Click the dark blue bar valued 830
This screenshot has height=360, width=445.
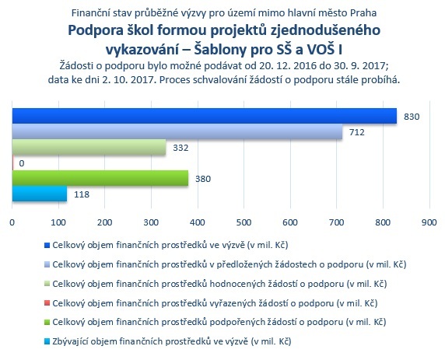pyautogui.click(x=205, y=116)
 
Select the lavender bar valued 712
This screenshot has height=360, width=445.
pyautogui.click(x=177, y=131)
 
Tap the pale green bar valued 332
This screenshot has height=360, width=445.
pyautogui.click(x=89, y=147)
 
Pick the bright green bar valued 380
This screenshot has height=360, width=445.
pyautogui.click(x=100, y=178)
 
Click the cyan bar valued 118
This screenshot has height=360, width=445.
pyautogui.click(x=40, y=194)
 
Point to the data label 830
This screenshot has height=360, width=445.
pyautogui.click(x=412, y=117)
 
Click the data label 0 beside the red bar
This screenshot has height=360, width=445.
pyautogui.click(x=22, y=163)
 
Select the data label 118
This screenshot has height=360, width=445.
pyautogui.click(x=82, y=194)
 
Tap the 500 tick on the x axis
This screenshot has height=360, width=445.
pyautogui.click(x=244, y=222)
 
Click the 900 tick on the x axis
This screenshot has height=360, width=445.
pyautogui.click(x=429, y=222)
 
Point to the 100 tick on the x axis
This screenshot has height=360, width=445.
pyautogui.click(x=58, y=222)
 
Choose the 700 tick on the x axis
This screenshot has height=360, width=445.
pyautogui.click(x=337, y=222)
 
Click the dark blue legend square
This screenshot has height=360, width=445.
pyautogui.click(x=47, y=246)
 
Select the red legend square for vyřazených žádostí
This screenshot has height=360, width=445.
pyautogui.click(x=47, y=303)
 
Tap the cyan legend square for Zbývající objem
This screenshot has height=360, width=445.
pyautogui.click(x=47, y=341)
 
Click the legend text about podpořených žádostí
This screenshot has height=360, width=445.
pyautogui.click(x=219, y=322)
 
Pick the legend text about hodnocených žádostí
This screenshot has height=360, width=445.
pyautogui.click(x=219, y=283)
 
